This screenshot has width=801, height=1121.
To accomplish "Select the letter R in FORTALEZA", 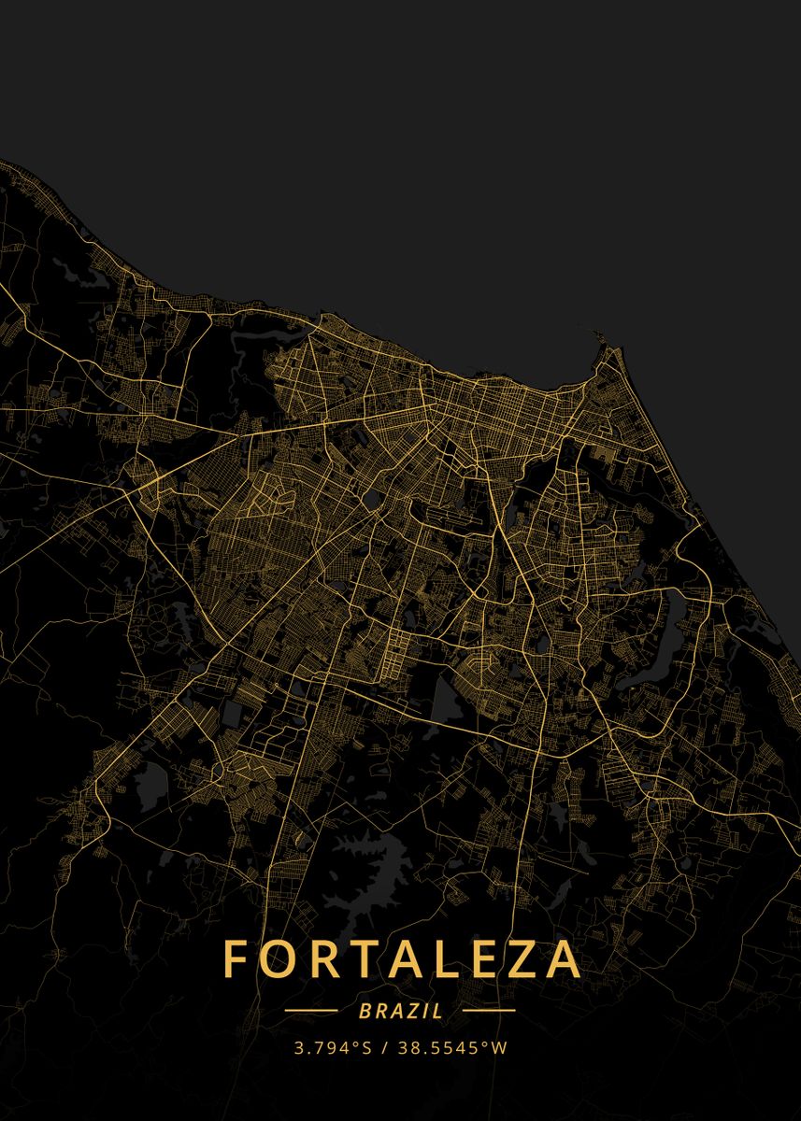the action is [x=323, y=959].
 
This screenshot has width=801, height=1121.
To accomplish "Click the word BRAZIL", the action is [x=401, y=1011].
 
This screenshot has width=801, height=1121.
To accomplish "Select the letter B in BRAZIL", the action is [x=364, y=1011].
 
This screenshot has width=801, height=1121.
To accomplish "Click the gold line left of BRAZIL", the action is [x=311, y=1011].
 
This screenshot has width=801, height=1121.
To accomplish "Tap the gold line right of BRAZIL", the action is [x=489, y=1011].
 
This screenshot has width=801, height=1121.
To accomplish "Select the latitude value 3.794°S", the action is [x=333, y=1048].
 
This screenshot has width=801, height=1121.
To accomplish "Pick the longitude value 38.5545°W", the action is [x=453, y=1048].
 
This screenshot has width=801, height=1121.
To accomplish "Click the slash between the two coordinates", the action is [x=385, y=1048].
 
